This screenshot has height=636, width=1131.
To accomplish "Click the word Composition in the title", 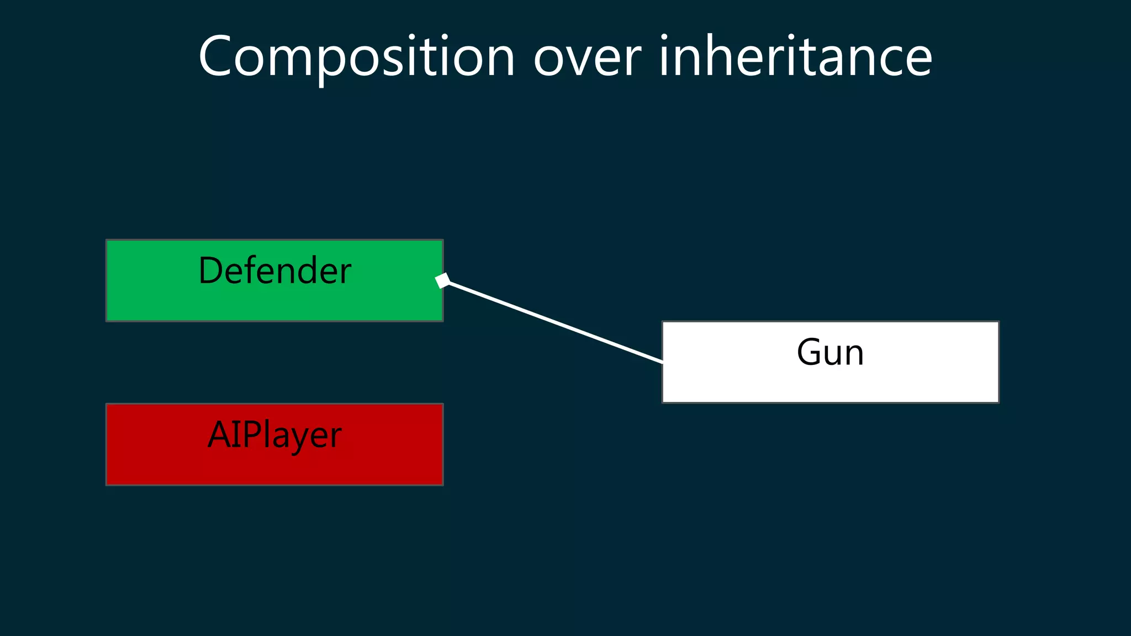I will (x=357, y=57).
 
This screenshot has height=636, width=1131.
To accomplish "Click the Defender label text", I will (x=274, y=271).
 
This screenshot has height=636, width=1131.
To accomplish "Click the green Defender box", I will (x=274, y=301).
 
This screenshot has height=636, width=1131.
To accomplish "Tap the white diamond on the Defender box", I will (x=442, y=280).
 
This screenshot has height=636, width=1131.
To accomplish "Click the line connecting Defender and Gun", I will (x=555, y=322).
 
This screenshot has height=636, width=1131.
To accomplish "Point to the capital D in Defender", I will (x=210, y=271).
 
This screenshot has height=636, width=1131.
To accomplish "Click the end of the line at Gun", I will (x=661, y=362).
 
